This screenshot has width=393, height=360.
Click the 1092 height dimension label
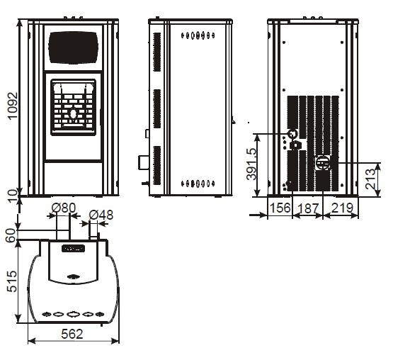[x=13, y=106]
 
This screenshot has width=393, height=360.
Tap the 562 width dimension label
[x=72, y=334]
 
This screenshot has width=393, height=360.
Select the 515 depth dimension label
[x=12, y=281]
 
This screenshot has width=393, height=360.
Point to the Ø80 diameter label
[x=64, y=208]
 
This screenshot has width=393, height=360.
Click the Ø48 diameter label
[x=101, y=215]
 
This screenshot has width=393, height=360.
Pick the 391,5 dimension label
[x=252, y=164]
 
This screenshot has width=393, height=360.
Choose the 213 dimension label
[x=370, y=179]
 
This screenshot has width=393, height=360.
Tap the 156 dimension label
[x=280, y=208]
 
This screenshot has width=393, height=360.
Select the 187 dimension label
[x=308, y=208]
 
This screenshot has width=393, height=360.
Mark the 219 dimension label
[x=343, y=208]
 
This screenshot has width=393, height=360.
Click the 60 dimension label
[x=11, y=235]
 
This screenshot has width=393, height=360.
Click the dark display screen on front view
[x=73, y=47]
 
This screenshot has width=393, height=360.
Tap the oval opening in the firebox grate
[x=73, y=114]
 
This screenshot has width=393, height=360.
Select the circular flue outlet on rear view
[x=324, y=163]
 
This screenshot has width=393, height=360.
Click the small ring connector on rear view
[x=292, y=133]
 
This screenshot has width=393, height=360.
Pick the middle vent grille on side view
[x=157, y=108]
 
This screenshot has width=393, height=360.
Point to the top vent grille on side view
[x=157, y=52]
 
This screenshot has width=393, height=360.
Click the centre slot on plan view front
[x=73, y=314]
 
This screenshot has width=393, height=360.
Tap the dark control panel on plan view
[x=73, y=249]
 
